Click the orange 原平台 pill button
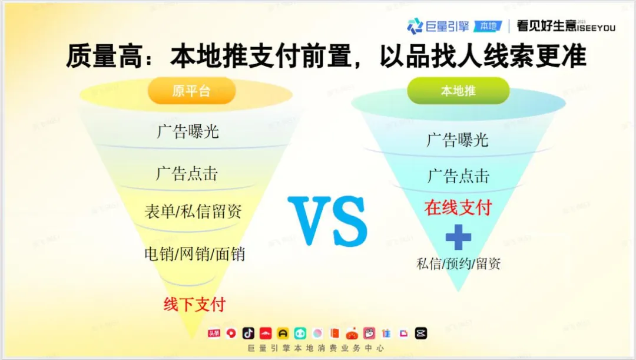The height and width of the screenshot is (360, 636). pos(191,91)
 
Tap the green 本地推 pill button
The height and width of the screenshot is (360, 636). pos(458,91)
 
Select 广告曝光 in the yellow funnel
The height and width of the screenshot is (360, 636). pos(188,131)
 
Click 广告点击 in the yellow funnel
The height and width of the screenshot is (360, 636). pos(187,174)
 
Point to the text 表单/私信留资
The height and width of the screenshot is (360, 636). pos(193,212)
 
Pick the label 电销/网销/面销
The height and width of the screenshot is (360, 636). pos(195,254)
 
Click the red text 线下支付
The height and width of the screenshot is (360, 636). pos(195,305)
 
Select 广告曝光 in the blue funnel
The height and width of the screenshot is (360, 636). pos(458,140)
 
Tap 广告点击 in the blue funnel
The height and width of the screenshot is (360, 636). pos(458,176)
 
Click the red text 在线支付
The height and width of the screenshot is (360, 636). pos(458,207)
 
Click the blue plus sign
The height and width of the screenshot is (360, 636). pos(458,237)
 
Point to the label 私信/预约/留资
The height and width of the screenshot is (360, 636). pos(459,264)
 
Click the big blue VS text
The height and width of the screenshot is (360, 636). pos(328,220)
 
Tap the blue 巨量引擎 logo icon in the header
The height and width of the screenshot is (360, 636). pos(415,26)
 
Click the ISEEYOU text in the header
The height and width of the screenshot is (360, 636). pos(595,28)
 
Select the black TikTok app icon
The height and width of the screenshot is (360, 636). pos(249,333)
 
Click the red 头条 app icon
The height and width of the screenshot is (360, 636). pos(214,333)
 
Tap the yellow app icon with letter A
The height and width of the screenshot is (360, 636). pos(283,333)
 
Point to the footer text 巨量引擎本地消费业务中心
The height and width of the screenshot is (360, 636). pos(316,348)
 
